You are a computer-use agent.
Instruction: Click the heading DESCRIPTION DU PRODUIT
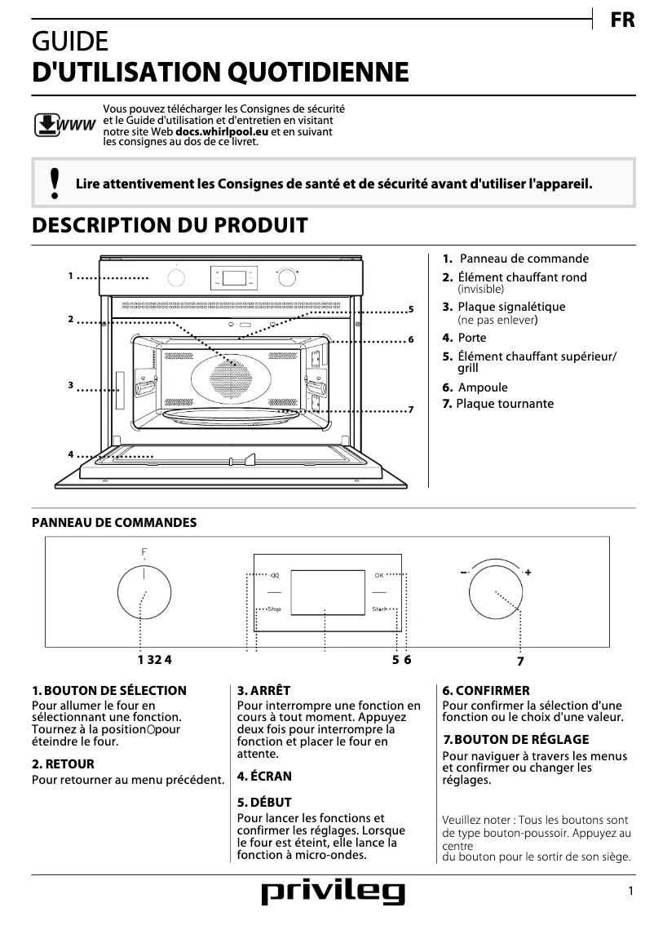click(x=170, y=225)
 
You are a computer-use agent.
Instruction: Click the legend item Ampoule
click(x=482, y=387)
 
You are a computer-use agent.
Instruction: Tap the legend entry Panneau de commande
click(x=524, y=259)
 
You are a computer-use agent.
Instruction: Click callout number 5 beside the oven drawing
click(x=412, y=309)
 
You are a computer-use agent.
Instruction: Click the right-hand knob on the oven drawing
click(x=286, y=278)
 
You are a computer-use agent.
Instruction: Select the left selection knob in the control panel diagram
click(x=144, y=595)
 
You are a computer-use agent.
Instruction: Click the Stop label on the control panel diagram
click(x=273, y=609)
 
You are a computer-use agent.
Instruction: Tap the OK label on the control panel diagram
click(x=378, y=575)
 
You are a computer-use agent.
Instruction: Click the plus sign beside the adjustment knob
click(x=528, y=573)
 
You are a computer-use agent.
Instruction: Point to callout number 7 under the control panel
click(x=519, y=661)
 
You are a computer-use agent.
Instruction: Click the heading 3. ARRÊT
click(x=263, y=690)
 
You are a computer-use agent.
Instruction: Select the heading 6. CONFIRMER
click(x=486, y=690)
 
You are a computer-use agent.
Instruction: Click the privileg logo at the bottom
click(x=332, y=894)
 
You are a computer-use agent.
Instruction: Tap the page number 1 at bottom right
click(x=630, y=892)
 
